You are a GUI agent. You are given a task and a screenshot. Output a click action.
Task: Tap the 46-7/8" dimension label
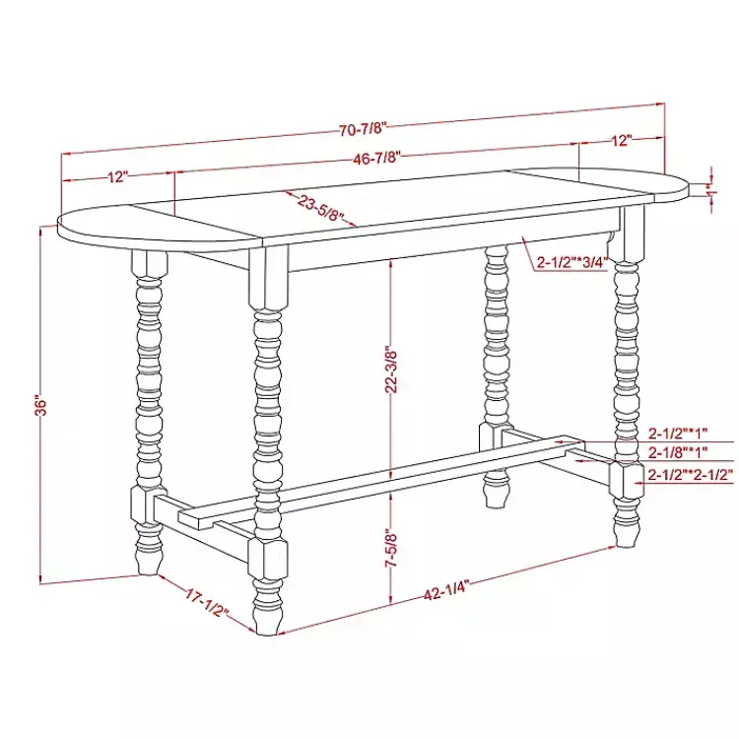coord(377,157)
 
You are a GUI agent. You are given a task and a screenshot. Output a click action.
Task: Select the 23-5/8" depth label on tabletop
coord(320,208)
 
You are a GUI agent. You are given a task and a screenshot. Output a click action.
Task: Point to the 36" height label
coord(40,405)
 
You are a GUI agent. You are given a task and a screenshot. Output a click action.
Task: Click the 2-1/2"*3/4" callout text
coord(572,263)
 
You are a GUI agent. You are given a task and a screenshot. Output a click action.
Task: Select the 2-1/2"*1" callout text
coord(678,434)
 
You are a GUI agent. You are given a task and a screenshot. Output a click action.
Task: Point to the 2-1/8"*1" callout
coord(678,453)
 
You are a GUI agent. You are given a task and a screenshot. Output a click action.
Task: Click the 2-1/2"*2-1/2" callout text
coord(691,475)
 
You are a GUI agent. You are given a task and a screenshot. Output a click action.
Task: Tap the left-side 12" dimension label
coord(118,177)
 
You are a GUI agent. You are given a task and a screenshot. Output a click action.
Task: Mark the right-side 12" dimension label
coord(620,141)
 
